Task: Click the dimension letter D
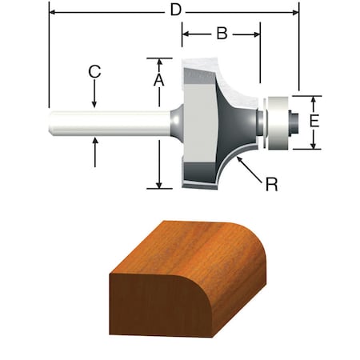point(174,11)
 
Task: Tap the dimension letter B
point(222,34)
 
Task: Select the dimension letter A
point(159,80)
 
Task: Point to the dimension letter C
point(94,71)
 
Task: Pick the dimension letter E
point(314,122)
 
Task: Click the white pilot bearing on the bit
point(275,122)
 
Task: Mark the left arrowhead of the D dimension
point(54,11)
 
